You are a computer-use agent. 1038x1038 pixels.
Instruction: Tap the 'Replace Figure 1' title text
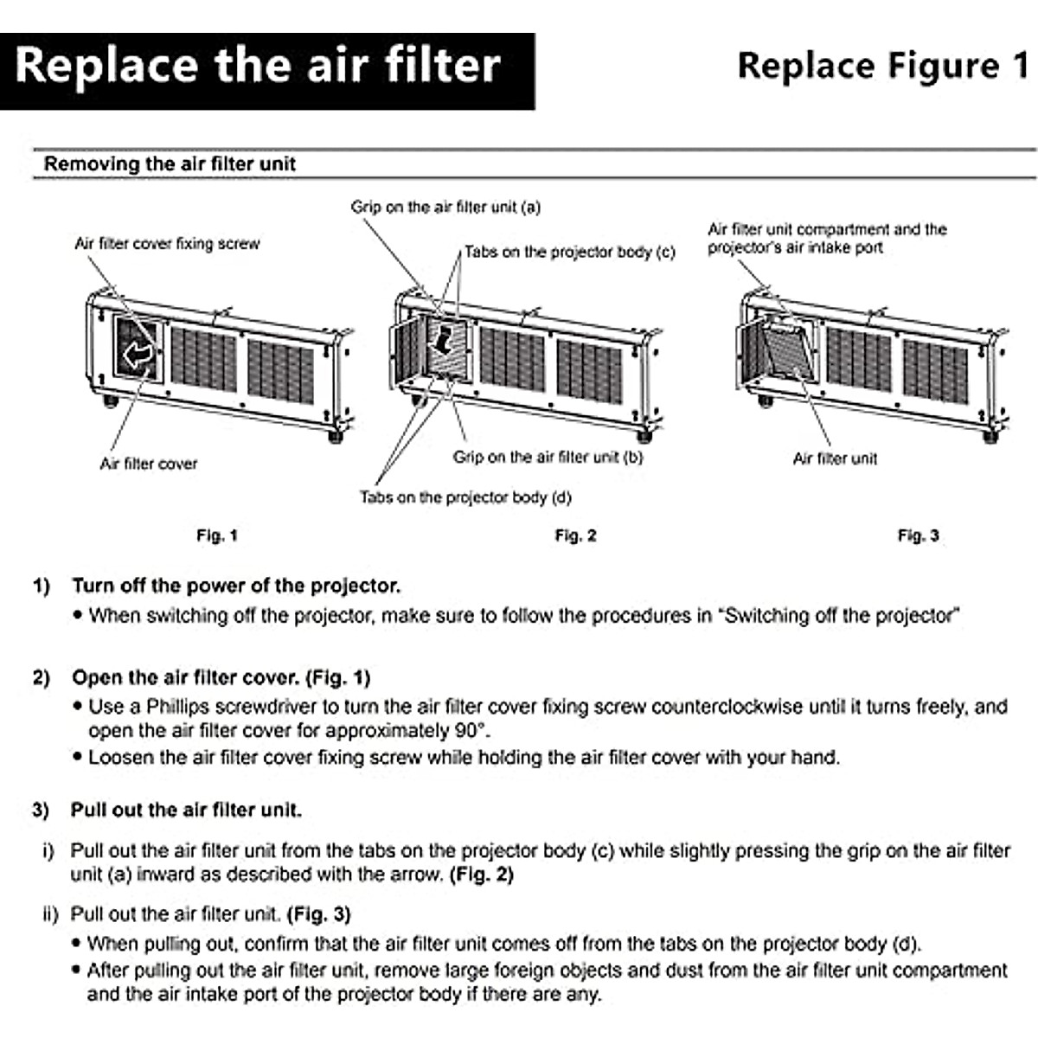click(x=882, y=67)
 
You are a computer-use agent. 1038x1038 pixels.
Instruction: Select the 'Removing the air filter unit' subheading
click(x=170, y=163)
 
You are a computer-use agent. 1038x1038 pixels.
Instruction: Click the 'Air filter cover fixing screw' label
click(x=167, y=244)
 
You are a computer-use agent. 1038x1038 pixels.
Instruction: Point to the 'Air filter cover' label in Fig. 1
click(x=148, y=464)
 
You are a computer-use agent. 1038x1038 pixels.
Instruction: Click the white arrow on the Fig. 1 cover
click(x=139, y=352)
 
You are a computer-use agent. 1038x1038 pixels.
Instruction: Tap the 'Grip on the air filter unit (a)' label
click(x=445, y=207)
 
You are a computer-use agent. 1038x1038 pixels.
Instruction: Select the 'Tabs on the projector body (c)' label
click(x=569, y=252)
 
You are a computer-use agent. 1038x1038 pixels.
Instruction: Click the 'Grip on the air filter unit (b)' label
click(x=548, y=457)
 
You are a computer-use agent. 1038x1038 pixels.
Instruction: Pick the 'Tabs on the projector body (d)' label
click(x=465, y=497)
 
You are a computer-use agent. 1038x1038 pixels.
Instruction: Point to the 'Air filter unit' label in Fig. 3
click(x=835, y=458)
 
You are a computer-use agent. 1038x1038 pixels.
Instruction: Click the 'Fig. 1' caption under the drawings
click(x=216, y=535)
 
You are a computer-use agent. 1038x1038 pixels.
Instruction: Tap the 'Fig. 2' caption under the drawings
click(x=575, y=535)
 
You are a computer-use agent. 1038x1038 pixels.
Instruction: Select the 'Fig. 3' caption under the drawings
click(x=918, y=535)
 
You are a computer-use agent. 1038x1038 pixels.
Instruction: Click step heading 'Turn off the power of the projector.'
click(x=236, y=586)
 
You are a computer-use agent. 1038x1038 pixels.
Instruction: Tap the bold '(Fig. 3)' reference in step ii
click(x=317, y=914)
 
